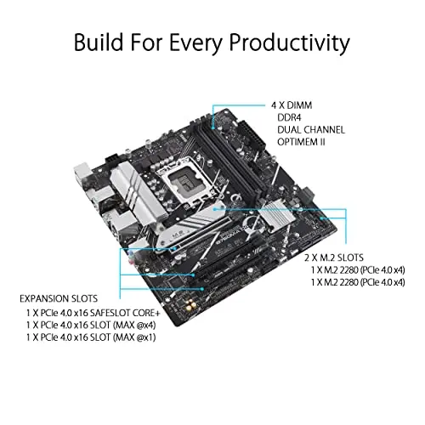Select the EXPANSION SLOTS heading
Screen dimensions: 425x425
pos(61,299)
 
